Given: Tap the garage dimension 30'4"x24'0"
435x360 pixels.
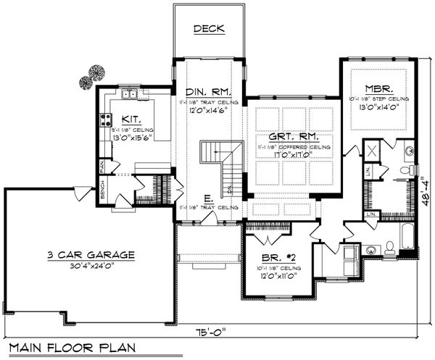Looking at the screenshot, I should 90,265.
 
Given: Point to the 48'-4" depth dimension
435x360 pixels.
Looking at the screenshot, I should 423,187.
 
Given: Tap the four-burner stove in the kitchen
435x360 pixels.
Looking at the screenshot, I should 106,120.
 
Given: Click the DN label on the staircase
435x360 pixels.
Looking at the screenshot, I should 230,190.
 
